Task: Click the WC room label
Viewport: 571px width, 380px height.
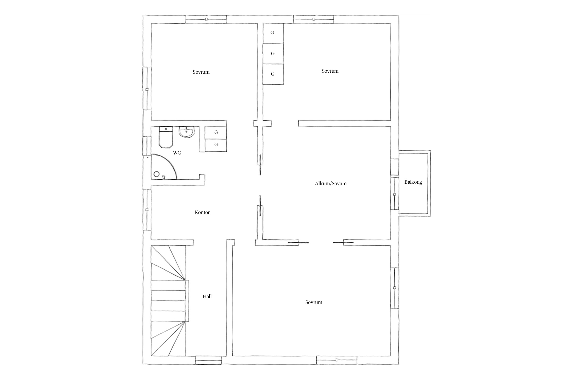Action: (x=177, y=153)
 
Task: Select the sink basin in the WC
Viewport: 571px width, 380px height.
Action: (x=187, y=132)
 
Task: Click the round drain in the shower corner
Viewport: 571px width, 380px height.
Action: (x=157, y=174)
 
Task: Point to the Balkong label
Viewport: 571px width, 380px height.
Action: (x=413, y=182)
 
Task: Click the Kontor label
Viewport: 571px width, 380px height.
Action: (x=202, y=212)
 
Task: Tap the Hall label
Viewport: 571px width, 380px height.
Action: (x=207, y=296)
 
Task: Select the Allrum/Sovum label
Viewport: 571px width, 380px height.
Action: (x=331, y=183)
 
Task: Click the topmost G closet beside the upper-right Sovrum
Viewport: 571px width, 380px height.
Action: (x=273, y=33)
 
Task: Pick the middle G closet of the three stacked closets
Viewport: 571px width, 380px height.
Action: (x=273, y=54)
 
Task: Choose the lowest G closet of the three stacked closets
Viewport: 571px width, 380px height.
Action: (x=273, y=74)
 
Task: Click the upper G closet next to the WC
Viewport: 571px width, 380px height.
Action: (x=216, y=132)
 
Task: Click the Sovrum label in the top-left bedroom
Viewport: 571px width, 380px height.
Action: (x=201, y=72)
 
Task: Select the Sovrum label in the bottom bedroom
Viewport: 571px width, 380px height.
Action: (x=314, y=302)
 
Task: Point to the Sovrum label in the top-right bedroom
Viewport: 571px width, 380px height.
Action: (x=330, y=71)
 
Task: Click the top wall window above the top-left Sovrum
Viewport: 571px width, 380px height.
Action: (x=206, y=19)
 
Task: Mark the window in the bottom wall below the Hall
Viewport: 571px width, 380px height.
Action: (x=208, y=360)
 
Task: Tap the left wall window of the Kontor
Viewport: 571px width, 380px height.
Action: (x=147, y=210)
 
